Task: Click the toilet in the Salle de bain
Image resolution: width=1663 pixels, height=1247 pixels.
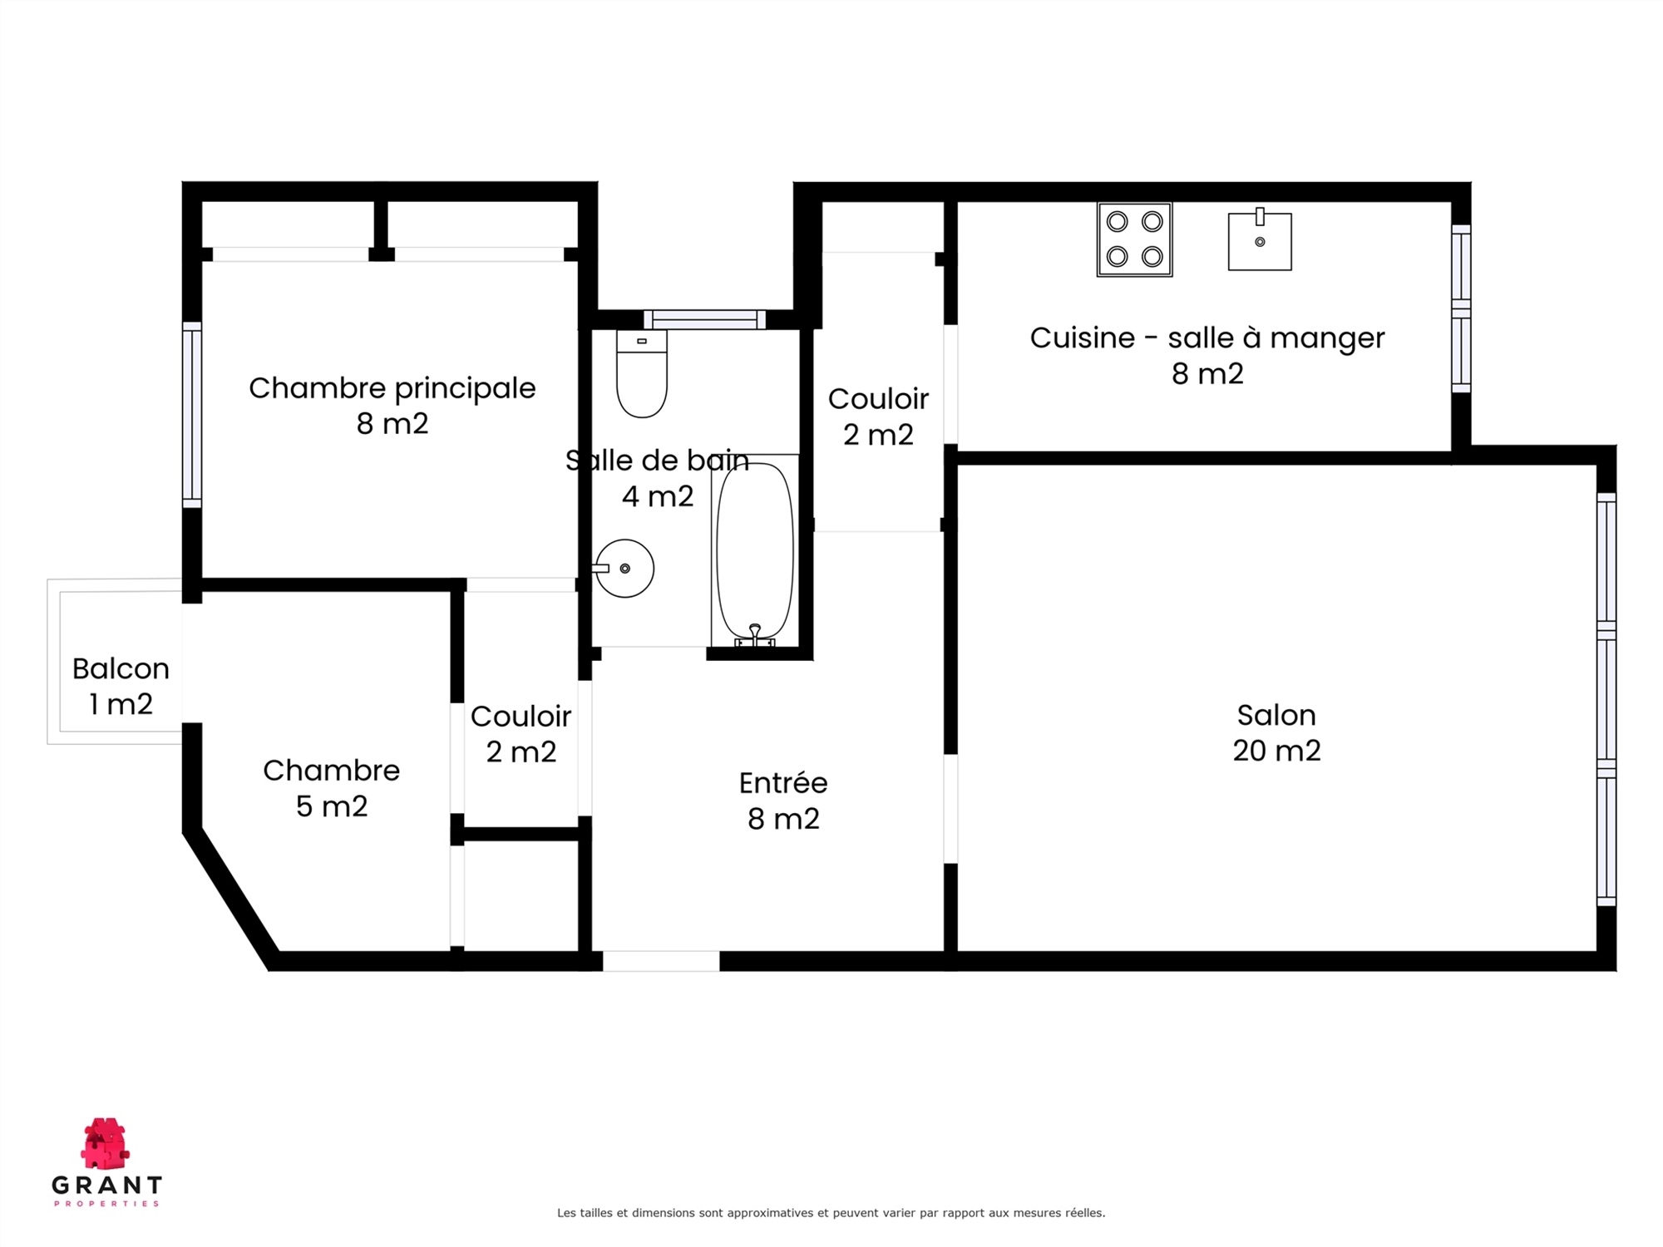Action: click(642, 373)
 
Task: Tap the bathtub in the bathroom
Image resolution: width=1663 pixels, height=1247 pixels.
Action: click(755, 550)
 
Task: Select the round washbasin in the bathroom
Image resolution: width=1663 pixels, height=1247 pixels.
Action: click(624, 569)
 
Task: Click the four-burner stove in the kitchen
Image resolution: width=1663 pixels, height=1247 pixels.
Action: click(1134, 239)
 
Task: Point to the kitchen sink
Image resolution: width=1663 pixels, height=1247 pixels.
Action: click(1260, 240)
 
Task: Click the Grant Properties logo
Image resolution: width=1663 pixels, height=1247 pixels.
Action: click(106, 1161)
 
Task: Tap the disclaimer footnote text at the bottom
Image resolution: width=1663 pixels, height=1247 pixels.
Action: click(831, 1213)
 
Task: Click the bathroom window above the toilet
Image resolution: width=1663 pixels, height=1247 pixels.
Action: click(704, 320)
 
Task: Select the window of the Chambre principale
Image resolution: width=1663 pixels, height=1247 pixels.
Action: click(192, 415)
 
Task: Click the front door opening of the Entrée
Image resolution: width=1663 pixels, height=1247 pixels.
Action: click(661, 961)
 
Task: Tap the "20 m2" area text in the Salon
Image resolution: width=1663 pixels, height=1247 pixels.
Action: click(1276, 751)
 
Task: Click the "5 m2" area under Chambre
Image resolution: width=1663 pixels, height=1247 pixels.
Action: click(332, 806)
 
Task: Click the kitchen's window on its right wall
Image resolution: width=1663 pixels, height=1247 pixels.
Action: click(1461, 308)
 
